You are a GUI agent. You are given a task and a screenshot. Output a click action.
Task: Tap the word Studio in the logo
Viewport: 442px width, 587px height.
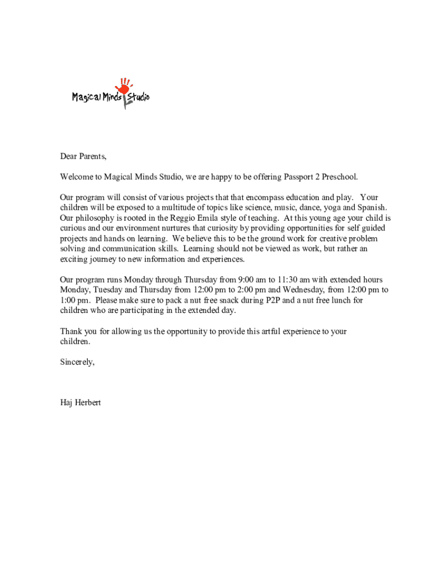pyautogui.click(x=138, y=97)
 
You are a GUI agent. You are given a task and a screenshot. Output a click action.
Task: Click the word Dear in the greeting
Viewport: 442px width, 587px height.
pyautogui.click(x=69, y=156)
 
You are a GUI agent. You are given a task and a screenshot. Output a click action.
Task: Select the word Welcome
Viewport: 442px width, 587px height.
pyautogui.click(x=77, y=177)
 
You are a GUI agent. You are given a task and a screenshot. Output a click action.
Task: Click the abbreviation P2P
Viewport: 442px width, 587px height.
pyautogui.click(x=274, y=300)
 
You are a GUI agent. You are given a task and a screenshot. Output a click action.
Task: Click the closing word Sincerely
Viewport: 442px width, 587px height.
pyautogui.click(x=77, y=362)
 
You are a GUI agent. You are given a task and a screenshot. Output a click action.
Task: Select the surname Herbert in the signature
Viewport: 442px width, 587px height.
pyautogui.click(x=87, y=403)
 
